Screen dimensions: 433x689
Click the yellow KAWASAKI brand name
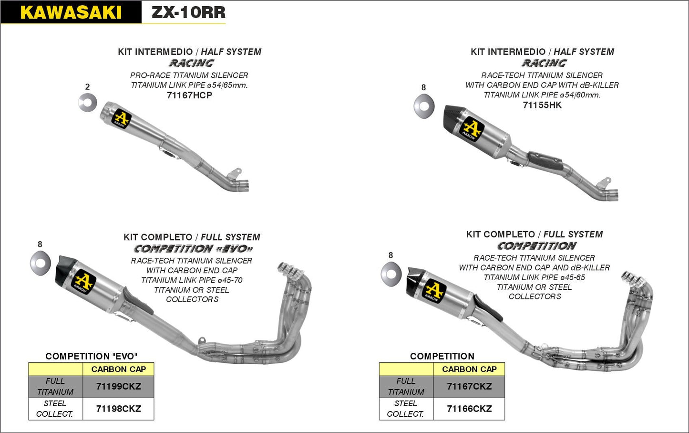[71, 12]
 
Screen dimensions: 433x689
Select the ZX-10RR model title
[188, 12]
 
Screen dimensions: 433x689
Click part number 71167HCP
[189, 95]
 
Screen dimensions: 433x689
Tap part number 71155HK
[542, 105]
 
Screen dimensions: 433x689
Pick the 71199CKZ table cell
[118, 386]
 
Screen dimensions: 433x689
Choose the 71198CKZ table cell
[118, 409]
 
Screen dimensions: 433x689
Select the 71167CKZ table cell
[469, 386]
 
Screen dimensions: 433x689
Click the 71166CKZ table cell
[469, 409]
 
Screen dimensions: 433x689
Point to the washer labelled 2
[88, 103]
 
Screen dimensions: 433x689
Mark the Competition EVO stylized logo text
[193, 249]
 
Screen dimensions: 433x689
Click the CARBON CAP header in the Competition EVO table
[118, 369]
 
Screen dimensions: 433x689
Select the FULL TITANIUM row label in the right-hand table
[406, 386]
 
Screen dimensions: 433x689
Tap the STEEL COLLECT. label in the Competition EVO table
[55, 409]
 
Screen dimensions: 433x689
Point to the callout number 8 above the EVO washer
[40, 244]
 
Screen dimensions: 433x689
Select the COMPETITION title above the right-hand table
[442, 356]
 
